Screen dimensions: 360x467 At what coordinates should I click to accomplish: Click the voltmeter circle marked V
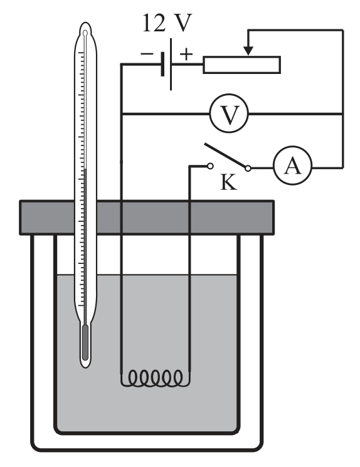coord(229,113)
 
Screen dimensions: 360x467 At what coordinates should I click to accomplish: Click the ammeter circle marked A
coord(293,165)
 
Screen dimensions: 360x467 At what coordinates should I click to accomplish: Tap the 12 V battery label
coord(167,23)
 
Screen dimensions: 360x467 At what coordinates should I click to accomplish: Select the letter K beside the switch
coord(229,182)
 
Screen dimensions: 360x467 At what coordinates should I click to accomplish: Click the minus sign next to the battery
coord(147,54)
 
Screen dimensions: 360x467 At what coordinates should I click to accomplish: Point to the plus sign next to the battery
coord(186,54)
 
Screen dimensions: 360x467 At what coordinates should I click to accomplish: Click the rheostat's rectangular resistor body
coord(241,65)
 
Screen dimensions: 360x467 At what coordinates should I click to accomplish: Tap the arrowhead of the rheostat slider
coord(248,51)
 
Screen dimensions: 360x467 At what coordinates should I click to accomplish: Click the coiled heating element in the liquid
coord(156,378)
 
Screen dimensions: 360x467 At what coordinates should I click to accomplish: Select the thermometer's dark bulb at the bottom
coord(85,342)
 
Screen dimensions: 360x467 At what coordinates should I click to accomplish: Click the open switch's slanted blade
coord(225,155)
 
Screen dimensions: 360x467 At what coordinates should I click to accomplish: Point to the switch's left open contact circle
coord(210,166)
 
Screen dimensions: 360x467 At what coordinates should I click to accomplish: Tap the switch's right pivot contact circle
coord(248,169)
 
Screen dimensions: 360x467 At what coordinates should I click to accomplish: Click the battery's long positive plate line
coord(171,64)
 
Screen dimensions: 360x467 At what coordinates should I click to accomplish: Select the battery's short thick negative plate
coord(162,64)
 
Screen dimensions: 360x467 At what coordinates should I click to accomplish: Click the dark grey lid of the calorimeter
coord(147,218)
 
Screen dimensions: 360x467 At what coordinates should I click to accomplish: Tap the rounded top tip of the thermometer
coord(85,23)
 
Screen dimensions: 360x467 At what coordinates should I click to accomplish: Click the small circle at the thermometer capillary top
coord(85,33)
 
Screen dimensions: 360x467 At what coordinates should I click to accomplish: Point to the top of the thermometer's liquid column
coord(85,169)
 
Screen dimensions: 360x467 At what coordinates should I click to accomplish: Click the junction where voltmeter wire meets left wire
coord(122,113)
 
